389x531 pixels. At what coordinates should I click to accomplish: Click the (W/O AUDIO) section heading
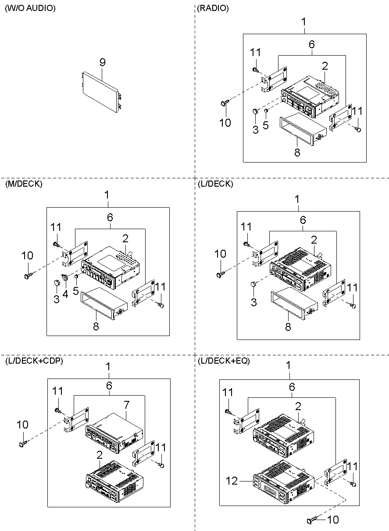coord(30,8)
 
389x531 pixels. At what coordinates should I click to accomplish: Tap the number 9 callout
coord(102,63)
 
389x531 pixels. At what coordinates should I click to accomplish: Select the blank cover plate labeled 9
coord(100,90)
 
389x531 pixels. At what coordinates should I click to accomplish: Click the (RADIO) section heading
coord(213,8)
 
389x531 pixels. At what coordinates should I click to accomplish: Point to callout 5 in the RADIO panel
coord(265,125)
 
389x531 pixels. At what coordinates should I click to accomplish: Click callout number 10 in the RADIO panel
coord(225,122)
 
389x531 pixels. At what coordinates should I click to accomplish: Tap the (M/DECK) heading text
coord(24,184)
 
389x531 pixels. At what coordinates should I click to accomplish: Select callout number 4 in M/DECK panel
coord(65,294)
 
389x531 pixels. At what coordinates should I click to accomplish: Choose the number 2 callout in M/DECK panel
coord(125,239)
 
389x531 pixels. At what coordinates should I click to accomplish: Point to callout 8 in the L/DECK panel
coord(288,327)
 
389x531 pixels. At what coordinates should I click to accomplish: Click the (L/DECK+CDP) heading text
coord(34,361)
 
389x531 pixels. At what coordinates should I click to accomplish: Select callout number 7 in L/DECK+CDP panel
coord(126,404)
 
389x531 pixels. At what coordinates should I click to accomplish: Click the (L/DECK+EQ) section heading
coord(223,361)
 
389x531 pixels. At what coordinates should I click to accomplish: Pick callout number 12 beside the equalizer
coord(232,481)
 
